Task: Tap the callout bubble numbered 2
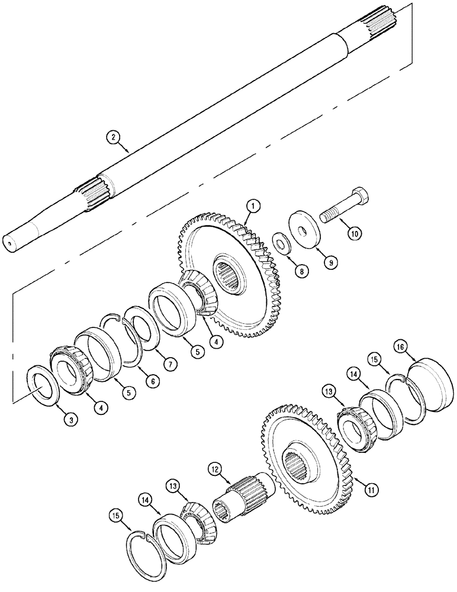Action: pyautogui.click(x=113, y=137)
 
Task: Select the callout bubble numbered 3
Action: pyautogui.click(x=70, y=419)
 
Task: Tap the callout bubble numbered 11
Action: pyautogui.click(x=371, y=490)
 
